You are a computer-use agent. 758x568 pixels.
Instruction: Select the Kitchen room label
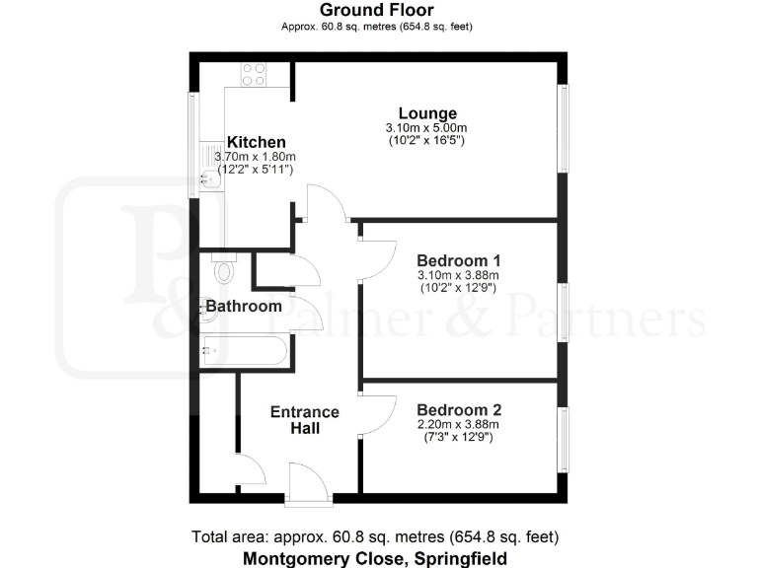pyautogui.click(x=256, y=142)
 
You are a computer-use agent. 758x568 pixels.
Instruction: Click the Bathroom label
pyautogui.click(x=243, y=307)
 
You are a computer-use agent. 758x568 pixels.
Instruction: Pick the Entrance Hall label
pyautogui.click(x=305, y=420)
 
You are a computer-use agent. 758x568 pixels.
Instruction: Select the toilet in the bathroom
pyautogui.click(x=226, y=268)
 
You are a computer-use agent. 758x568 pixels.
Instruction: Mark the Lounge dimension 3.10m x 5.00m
pyautogui.click(x=426, y=128)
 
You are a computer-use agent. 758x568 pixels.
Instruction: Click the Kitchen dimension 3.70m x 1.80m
pyautogui.click(x=256, y=158)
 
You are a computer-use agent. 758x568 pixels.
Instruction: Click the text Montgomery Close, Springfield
pyautogui.click(x=376, y=558)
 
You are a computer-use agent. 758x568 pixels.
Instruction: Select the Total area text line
pyautogui.click(x=376, y=537)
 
